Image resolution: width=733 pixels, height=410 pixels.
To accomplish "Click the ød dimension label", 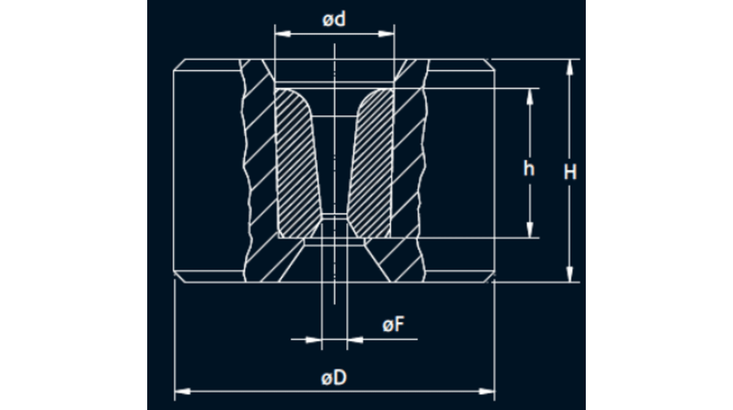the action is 334,20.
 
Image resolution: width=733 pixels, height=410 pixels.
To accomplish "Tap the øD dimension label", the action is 334,378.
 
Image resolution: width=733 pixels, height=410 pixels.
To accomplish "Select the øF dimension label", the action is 393,325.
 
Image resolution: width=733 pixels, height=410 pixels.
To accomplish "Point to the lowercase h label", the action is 529,169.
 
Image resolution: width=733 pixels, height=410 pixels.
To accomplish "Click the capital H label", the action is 570,171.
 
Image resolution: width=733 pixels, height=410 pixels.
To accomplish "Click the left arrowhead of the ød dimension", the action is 283,34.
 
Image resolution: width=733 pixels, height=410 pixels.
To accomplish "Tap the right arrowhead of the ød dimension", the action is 387,34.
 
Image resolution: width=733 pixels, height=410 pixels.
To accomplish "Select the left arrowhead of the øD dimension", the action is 183,391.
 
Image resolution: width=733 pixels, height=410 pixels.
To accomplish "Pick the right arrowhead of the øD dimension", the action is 487,391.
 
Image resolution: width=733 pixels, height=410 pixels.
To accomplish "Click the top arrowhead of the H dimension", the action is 570,67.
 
